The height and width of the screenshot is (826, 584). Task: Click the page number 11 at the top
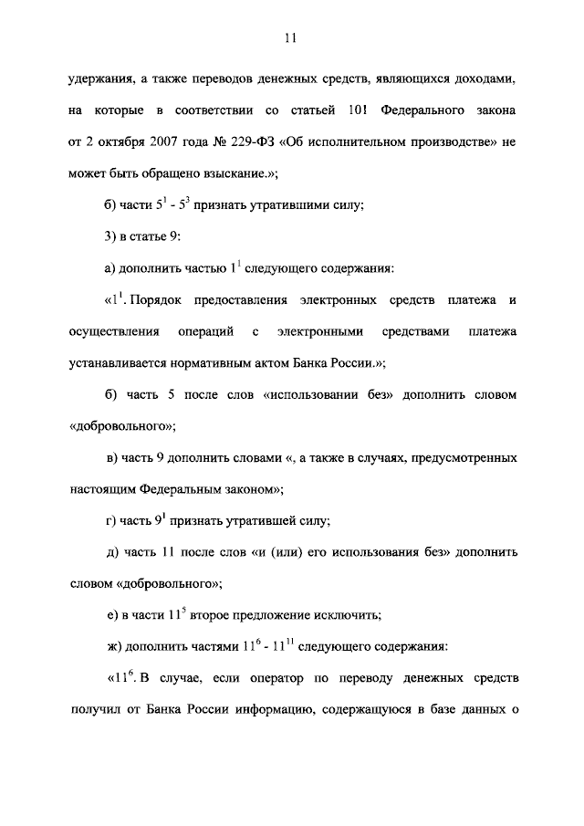point(291,38)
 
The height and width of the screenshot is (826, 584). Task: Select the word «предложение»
point(268,615)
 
